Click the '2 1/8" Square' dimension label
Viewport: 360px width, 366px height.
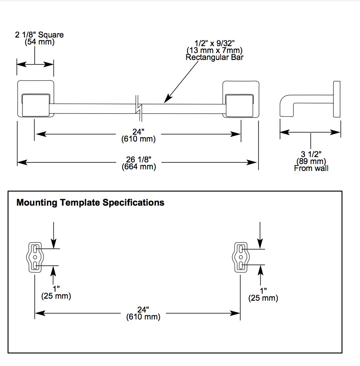(x=39, y=35)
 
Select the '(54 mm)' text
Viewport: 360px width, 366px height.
(x=40, y=42)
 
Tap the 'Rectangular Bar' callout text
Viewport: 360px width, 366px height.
(x=214, y=58)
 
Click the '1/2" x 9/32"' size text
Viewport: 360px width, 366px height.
(x=214, y=43)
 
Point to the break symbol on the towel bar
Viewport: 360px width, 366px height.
(x=139, y=108)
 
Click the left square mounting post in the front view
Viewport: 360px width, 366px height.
(x=35, y=99)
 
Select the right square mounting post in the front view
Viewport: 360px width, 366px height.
(x=241, y=99)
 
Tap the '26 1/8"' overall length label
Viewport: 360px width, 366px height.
(x=139, y=160)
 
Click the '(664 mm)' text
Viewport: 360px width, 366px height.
(x=139, y=166)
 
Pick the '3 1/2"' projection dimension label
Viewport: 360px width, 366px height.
(x=311, y=154)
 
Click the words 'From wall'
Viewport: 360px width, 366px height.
(x=311, y=168)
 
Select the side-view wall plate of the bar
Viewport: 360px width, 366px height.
(x=337, y=99)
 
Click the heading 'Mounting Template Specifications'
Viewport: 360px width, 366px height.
(x=91, y=202)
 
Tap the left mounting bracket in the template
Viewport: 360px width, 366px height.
(x=35, y=257)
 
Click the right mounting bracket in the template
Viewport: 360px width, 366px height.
(x=241, y=257)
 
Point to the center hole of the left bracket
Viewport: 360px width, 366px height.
(x=35, y=257)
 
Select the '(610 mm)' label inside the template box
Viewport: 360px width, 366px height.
(x=143, y=317)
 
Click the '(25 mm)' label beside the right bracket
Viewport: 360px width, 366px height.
(x=263, y=298)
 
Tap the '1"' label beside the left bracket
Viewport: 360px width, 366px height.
(x=56, y=289)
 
